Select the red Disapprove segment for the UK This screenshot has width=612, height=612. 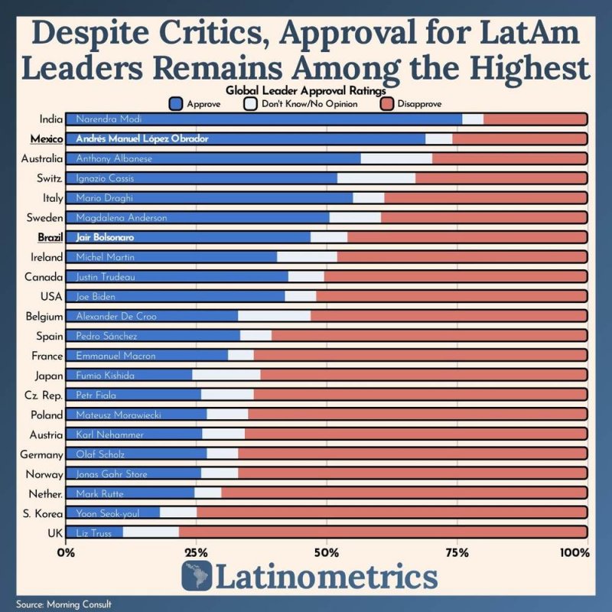pos(382,532)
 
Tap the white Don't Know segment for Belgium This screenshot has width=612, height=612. pos(274,315)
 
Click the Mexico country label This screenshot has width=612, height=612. pos(46,138)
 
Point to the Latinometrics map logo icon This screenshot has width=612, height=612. pos(197,575)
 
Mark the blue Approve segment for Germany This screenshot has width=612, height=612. pos(136,453)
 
